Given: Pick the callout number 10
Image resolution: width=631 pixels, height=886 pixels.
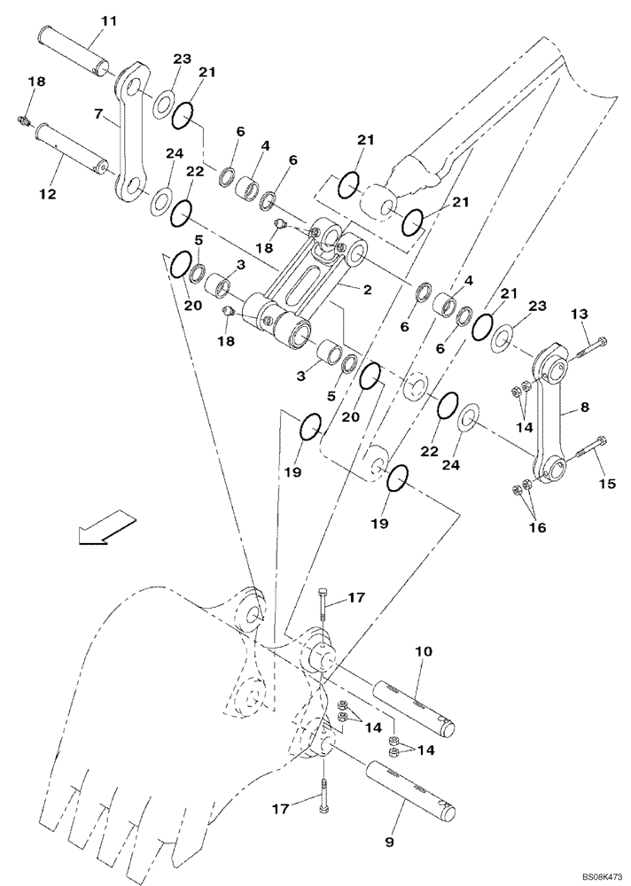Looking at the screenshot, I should [x=424, y=652].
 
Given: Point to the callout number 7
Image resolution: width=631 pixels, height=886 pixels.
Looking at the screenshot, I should [x=99, y=113].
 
